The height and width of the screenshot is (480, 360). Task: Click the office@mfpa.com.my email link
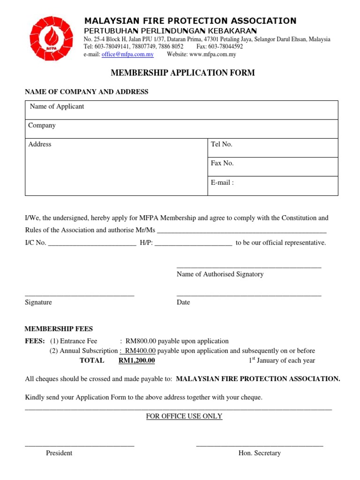coord(127,54)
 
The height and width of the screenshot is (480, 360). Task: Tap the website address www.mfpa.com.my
coord(212,54)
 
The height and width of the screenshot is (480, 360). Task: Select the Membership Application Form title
coord(183,73)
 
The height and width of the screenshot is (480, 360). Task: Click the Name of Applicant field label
coord(57,106)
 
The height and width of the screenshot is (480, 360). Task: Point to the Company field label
coord(42,125)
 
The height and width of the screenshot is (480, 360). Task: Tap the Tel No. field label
coord(222,144)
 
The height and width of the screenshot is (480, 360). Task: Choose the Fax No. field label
coord(222,163)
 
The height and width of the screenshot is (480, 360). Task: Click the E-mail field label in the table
coord(222,182)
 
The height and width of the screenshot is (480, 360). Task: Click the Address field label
coord(40,144)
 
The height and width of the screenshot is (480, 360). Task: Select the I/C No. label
coord(36,243)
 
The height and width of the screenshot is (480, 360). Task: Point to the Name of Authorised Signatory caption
coord(220,274)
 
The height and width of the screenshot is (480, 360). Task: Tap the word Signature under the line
coord(38,302)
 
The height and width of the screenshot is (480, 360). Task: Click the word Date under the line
coord(183,302)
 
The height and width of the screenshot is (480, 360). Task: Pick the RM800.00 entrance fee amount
coord(144,341)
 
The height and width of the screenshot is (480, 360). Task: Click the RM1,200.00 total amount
coord(136,360)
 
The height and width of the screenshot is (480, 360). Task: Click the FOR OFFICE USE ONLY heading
coord(184,416)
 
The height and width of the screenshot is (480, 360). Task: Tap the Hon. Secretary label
coord(260,453)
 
